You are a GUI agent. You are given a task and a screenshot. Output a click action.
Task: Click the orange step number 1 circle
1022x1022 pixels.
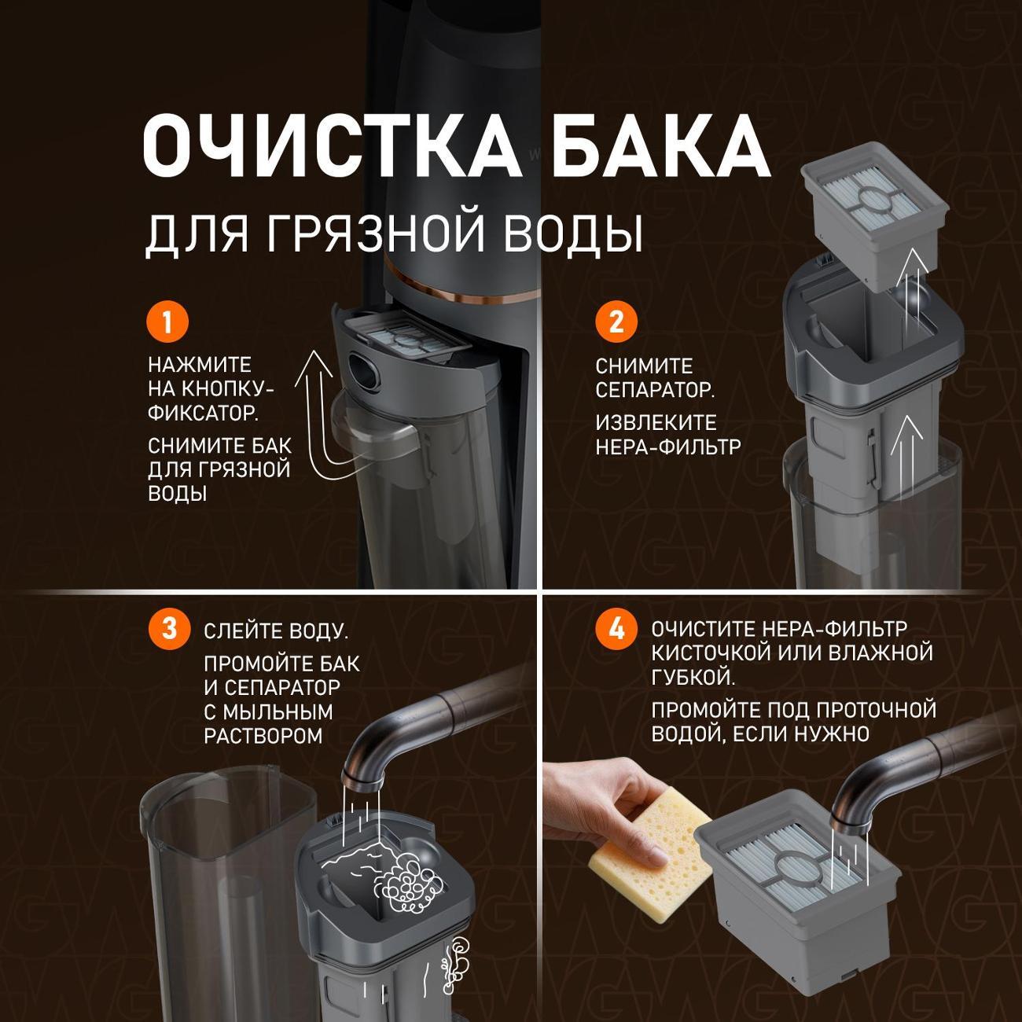pyautogui.click(x=167, y=322)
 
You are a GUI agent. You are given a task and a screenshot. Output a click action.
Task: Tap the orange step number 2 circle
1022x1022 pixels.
pyautogui.click(x=616, y=322)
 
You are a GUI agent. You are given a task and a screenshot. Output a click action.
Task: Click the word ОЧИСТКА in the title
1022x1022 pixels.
pyautogui.click(x=331, y=146)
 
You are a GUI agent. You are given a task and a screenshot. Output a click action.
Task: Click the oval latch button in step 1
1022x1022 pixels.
pyautogui.click(x=362, y=368)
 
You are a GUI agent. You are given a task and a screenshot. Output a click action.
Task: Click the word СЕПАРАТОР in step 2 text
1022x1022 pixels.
pyautogui.click(x=654, y=390)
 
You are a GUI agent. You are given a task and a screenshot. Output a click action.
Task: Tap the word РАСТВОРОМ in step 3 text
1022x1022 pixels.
pyautogui.click(x=263, y=736)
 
